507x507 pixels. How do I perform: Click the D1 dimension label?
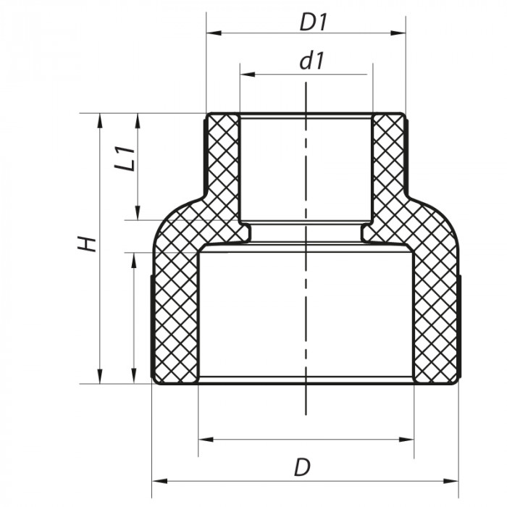point(314,22)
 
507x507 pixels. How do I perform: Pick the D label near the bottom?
point(302,467)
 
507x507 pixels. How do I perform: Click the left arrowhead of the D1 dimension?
point(211,33)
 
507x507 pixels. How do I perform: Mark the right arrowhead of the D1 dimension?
point(399,33)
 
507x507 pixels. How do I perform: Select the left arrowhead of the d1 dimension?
point(245,74)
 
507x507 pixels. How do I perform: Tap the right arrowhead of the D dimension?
point(454,479)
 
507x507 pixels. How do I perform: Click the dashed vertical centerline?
point(306,319)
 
